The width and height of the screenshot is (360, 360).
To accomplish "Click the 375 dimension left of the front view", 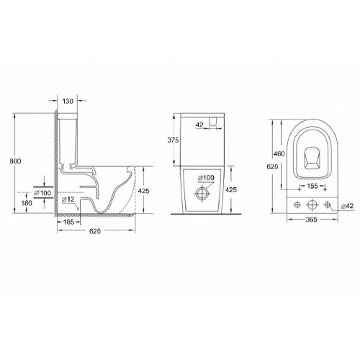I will point(172,140).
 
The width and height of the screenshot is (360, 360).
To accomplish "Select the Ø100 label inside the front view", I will point(207,178).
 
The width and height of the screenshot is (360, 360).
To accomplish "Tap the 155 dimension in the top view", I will point(312,186).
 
